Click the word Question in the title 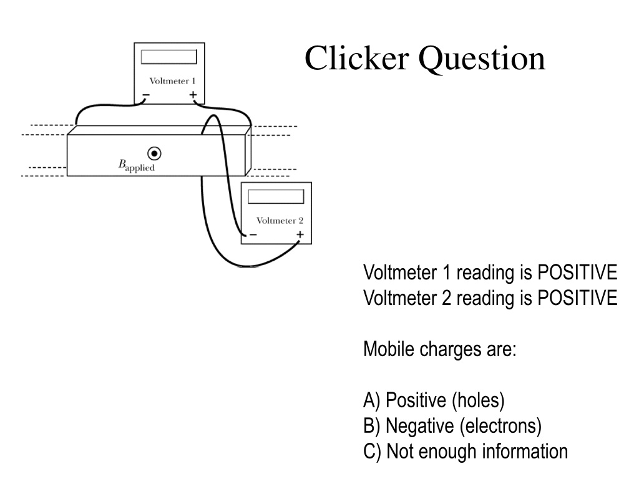(482, 59)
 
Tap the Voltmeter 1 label (172, 81)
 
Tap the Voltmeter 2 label (280, 221)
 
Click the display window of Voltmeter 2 (276, 196)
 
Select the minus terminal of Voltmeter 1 (145, 95)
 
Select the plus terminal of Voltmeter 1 (193, 95)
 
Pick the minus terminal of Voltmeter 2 (253, 235)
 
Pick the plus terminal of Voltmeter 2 (300, 235)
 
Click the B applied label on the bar (136, 165)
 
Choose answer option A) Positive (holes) (434, 400)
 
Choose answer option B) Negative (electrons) (452, 426)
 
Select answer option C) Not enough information (466, 452)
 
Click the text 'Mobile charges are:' (440, 349)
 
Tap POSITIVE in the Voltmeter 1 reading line (577, 273)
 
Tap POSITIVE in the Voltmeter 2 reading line (577, 298)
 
